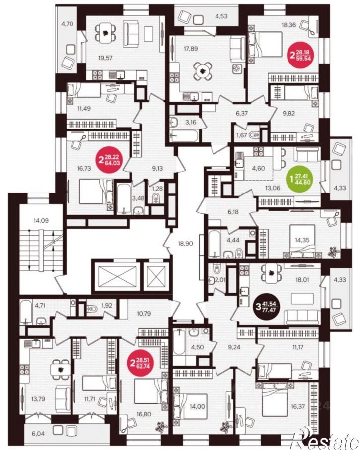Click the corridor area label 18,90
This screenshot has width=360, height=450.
tap(185, 244)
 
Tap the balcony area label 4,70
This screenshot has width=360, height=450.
tap(67, 24)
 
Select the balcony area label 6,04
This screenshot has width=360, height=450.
tap(38, 433)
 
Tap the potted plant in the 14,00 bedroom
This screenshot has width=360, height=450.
tap(226, 427)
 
